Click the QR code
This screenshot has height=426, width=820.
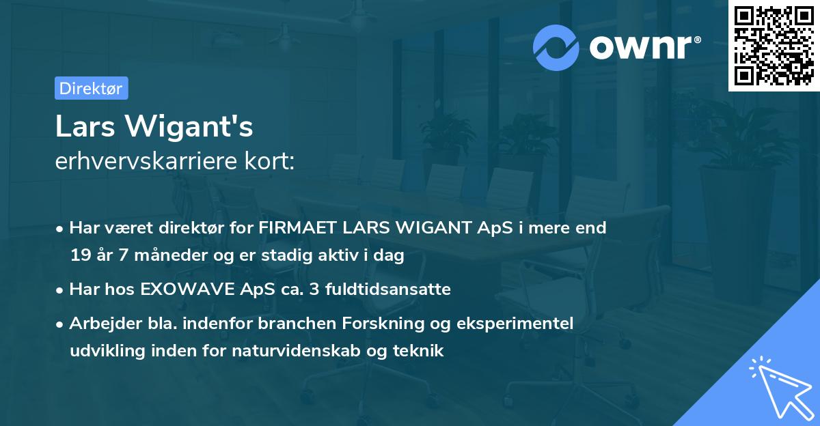pos(774,46)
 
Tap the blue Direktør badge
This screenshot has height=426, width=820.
pos(91,88)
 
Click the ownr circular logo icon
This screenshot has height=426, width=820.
pos(556,47)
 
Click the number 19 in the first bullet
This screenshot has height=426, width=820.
pos(79,256)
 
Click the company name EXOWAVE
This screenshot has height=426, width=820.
pos(182,289)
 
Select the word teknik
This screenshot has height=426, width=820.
pos(420,352)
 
